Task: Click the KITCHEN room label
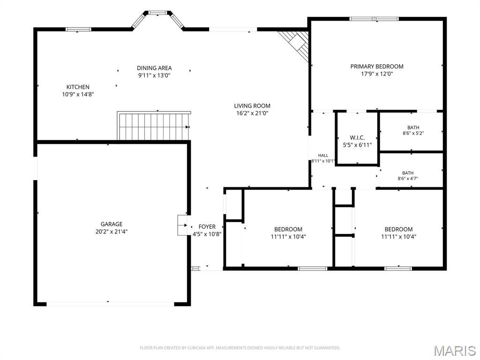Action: coord(78,87)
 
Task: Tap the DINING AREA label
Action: coord(154,68)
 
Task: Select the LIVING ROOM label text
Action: coord(252,106)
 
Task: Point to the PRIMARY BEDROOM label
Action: coord(377,67)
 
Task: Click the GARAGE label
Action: coord(112,224)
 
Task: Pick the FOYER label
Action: coord(207,226)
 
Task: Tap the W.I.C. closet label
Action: coord(357,138)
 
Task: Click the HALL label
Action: coord(323,156)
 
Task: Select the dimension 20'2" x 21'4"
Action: coord(112,232)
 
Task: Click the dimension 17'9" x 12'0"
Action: coord(377,74)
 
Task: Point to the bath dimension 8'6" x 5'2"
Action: coord(413,133)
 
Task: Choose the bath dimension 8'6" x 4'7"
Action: coord(408,179)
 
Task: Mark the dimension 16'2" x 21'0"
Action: coord(252,113)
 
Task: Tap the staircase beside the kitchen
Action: coord(153,126)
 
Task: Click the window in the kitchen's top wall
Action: coord(78,30)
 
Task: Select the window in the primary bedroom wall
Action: coord(374,19)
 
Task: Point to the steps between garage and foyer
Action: coord(182,225)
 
